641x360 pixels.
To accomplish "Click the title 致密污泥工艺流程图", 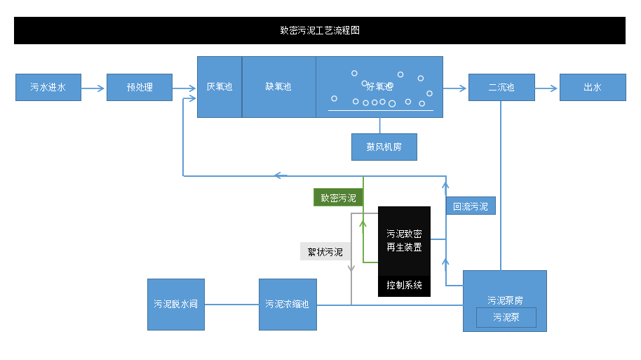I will [320, 31].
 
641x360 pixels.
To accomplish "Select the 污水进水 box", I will [48, 88].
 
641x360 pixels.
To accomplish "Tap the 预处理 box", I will [140, 88].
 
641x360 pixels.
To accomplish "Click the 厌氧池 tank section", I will [220, 87].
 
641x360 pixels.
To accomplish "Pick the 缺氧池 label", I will [278, 87].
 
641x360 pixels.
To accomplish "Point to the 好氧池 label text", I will [379, 87].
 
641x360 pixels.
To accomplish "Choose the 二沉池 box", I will [501, 88].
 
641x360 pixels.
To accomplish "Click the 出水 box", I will [593, 88].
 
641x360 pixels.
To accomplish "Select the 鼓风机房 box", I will [384, 147].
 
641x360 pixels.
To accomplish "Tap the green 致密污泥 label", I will [338, 198].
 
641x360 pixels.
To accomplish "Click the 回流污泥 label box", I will [471, 206].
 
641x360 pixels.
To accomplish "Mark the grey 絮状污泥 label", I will [325, 251].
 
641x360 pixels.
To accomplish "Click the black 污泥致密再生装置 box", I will [404, 240].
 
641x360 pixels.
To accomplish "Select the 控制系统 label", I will [404, 286].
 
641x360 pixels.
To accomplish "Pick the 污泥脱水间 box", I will [175, 305].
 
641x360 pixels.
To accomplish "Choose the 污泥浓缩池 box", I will [288, 305].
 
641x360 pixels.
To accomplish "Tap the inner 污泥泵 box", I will [506, 317].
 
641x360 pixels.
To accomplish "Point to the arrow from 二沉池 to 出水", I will [547, 88].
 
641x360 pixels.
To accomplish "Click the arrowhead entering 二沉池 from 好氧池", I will [464, 88].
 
